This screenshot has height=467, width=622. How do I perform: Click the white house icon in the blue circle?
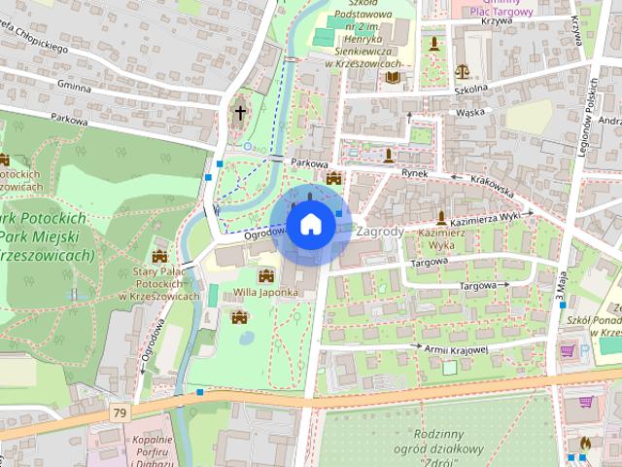(310, 224)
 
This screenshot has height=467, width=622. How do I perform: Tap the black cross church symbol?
(239, 112)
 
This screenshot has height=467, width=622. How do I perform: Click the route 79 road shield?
(120, 413)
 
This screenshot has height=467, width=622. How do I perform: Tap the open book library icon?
(393, 78)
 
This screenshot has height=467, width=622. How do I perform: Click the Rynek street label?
(415, 172)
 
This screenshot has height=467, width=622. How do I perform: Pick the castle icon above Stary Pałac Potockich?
(158, 256)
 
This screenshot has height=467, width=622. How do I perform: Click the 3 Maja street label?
(561, 282)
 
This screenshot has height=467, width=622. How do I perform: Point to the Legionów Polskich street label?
(588, 126)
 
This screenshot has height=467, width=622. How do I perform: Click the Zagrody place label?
(380, 233)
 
